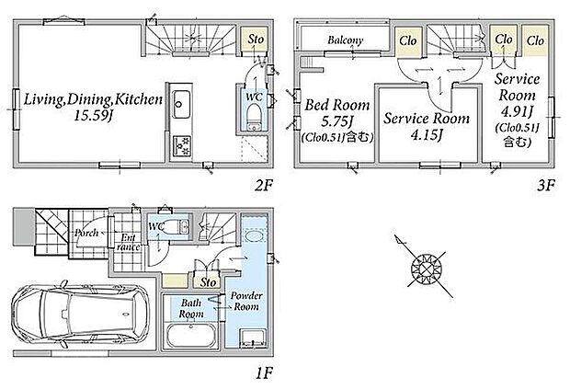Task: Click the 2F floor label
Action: [265, 184]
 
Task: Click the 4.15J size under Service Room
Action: [427, 136]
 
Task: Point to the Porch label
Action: [86, 232]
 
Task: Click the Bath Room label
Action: [191, 307]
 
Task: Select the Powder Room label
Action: [246, 301]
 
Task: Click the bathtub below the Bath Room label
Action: [191, 338]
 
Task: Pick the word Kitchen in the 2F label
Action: [136, 97]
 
